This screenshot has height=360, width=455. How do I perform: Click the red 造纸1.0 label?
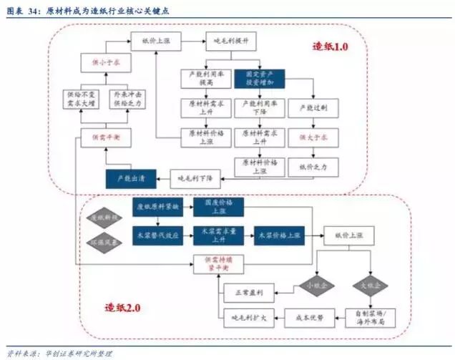330,47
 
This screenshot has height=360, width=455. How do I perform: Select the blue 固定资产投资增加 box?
265,77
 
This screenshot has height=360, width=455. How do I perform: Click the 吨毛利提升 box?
227,42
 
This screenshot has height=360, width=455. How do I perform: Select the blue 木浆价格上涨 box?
280,235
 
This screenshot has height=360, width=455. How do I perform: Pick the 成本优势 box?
310,314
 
